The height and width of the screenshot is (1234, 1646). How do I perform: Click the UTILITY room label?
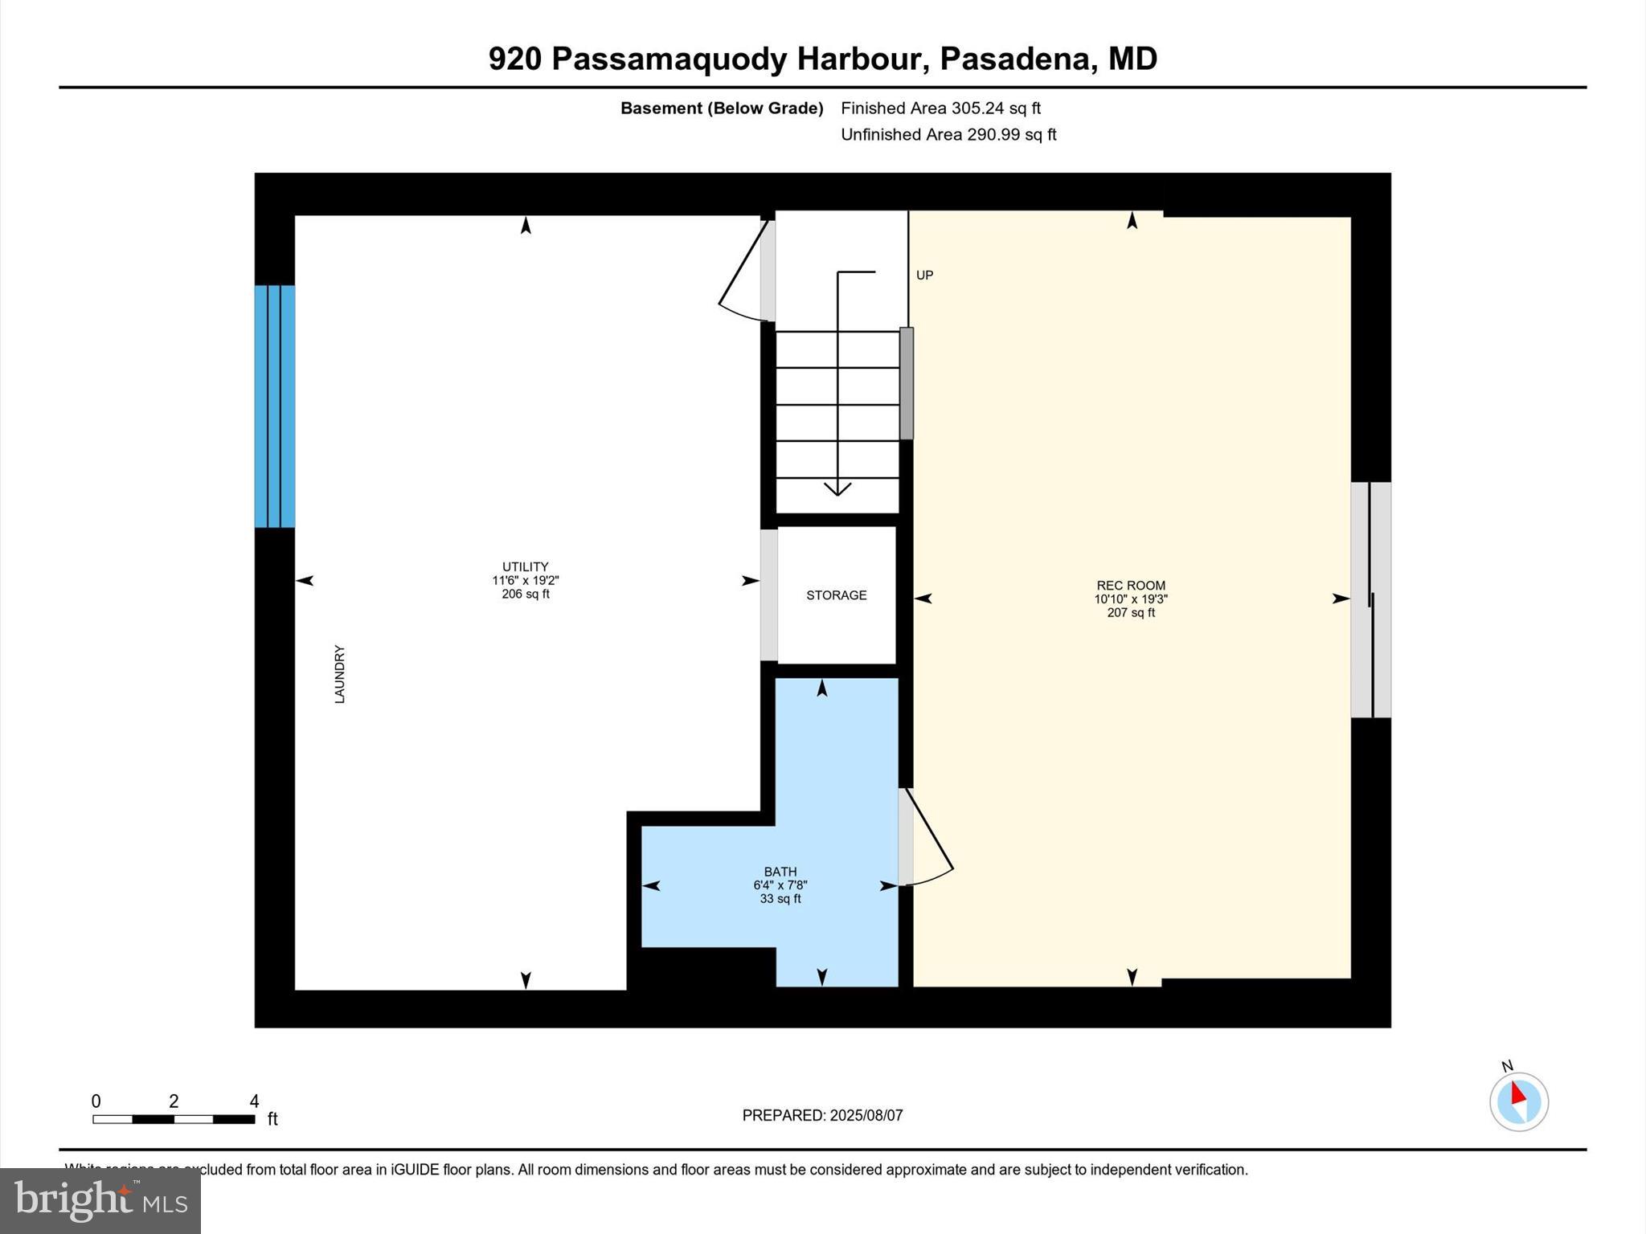coord(525,566)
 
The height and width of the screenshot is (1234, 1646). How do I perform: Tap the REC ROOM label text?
coord(1131,586)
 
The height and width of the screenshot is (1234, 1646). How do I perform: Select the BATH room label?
coord(780,872)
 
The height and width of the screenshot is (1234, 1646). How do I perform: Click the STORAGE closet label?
coord(836,595)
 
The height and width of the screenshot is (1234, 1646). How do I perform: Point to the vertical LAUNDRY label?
coord(340,674)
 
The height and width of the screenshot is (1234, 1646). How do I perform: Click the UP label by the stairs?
coord(924,276)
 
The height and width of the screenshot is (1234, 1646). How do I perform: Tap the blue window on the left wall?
coord(275,407)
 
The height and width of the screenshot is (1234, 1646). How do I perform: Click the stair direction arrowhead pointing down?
coord(837,488)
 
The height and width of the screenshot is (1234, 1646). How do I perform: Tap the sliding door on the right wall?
coord(1371,599)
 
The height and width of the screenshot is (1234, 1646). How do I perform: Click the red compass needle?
coord(1517,1094)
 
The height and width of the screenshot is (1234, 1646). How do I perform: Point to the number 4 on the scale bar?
coord(254,1101)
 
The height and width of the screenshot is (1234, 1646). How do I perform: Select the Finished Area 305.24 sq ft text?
coord(940,108)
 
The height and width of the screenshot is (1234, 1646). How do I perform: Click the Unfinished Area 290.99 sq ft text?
coord(948,135)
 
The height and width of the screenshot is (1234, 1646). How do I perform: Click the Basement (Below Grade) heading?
coord(721,108)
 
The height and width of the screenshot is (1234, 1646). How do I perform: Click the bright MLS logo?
coord(100,1200)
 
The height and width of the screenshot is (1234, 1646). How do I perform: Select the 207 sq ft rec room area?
coord(1131,613)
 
